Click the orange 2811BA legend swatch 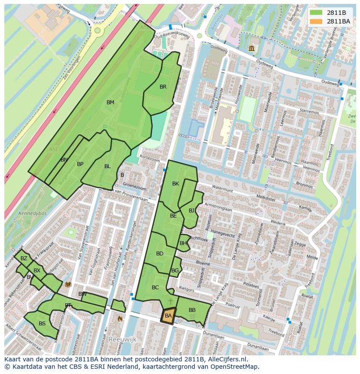(x=316, y=21)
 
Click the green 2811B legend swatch (x=316, y=12)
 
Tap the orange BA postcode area (x=168, y=315)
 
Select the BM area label (x=110, y=103)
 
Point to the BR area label (x=163, y=87)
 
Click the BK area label (x=176, y=184)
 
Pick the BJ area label (x=192, y=211)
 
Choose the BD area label (x=160, y=254)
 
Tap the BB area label (x=192, y=310)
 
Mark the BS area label (x=42, y=324)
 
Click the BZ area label (x=24, y=258)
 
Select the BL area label (x=107, y=166)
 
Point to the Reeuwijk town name (x=123, y=338)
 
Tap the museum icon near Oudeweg (x=252, y=48)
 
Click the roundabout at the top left (x=97, y=30)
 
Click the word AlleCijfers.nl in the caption (x=227, y=360)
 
